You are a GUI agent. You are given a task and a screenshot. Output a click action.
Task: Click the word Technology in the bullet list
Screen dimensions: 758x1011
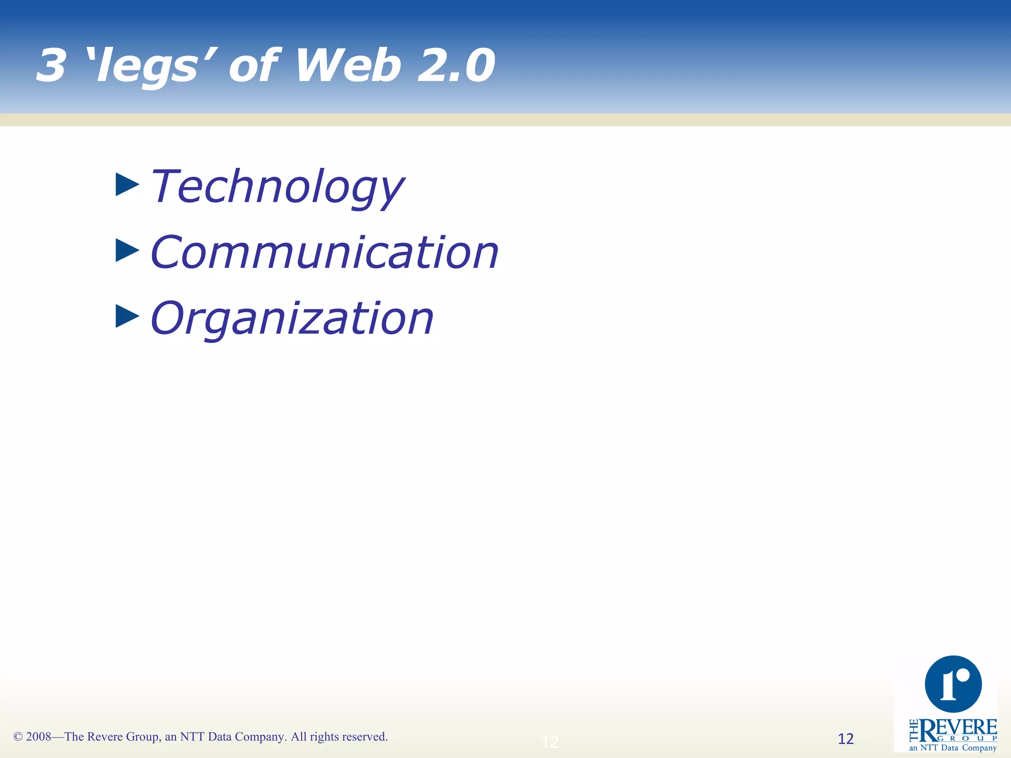277,187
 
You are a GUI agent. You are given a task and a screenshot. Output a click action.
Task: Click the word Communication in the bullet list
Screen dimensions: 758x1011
324,253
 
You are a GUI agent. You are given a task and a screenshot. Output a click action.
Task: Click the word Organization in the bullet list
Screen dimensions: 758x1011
292,319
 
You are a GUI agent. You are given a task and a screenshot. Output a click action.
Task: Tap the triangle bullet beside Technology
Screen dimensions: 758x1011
127,185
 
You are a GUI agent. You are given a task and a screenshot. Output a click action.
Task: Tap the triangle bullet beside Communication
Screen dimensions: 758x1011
127,250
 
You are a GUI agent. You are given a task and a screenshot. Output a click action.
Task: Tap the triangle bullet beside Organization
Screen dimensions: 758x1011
127,316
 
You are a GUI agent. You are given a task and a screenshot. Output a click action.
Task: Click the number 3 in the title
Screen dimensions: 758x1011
51,66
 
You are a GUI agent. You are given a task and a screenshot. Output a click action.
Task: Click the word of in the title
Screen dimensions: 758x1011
255,66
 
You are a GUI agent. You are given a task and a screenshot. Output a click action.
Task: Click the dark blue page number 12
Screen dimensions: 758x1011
846,739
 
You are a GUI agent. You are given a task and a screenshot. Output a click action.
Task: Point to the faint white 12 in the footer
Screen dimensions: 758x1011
550,742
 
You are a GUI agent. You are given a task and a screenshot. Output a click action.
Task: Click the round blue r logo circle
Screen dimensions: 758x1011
953,684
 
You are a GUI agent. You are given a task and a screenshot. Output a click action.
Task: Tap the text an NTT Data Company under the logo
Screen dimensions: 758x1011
953,748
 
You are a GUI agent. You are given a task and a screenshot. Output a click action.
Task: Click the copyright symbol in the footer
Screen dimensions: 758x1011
18,737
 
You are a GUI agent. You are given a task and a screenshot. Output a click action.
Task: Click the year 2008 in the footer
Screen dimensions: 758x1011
39,737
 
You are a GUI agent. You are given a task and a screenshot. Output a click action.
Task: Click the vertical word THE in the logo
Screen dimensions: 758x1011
914,730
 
